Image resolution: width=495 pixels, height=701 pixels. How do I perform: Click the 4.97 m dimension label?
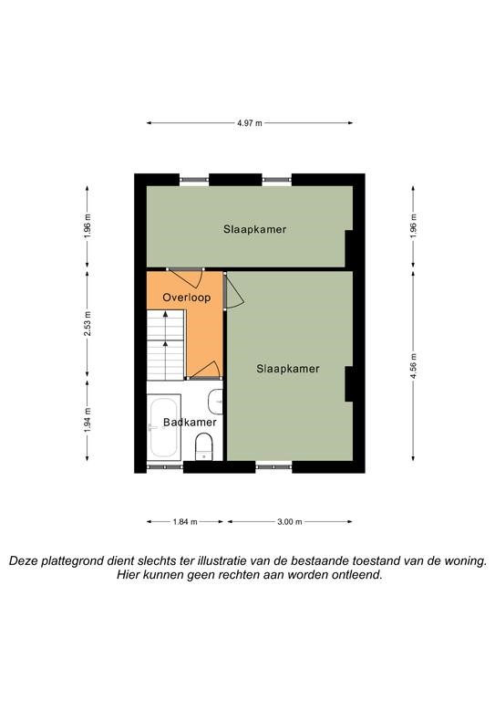(250, 123)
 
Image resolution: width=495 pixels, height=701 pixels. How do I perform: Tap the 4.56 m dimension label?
(413, 366)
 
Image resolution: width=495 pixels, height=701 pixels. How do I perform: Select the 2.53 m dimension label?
(88, 324)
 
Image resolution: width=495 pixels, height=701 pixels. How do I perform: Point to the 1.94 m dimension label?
(88, 420)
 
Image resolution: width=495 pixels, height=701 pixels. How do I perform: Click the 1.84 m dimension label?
(185, 522)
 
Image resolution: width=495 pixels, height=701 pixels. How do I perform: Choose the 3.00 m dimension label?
(290, 522)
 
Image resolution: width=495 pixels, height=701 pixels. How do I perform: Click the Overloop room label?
(187, 298)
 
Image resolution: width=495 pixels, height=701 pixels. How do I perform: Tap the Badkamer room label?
(190, 422)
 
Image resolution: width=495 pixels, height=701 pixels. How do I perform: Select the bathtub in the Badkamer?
(164, 427)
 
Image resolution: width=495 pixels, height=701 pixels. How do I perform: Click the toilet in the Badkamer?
(204, 446)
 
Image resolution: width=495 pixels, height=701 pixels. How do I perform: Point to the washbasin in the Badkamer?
(215, 402)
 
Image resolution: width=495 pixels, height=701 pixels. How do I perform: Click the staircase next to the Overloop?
(166, 345)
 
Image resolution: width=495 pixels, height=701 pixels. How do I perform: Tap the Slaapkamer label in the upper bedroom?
(255, 229)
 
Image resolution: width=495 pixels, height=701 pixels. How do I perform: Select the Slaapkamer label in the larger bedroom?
(288, 369)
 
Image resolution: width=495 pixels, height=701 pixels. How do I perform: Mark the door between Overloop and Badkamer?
(203, 371)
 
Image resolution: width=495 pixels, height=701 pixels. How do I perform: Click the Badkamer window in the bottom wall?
(165, 466)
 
